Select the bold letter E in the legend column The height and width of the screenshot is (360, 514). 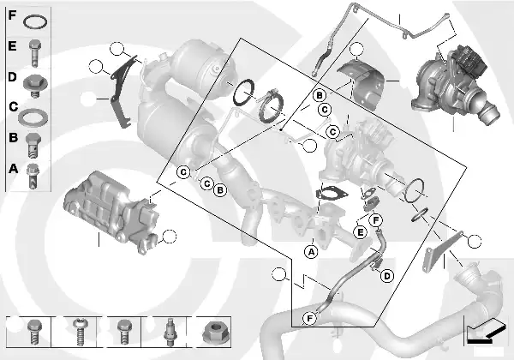point(12,45)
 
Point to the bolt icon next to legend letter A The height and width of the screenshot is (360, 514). point(33,176)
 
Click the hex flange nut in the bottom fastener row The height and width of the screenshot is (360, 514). point(212,333)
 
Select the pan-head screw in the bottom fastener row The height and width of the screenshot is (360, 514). point(79,332)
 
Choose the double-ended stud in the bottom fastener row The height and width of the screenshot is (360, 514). point(170,332)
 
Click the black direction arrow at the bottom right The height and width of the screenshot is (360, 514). point(485,333)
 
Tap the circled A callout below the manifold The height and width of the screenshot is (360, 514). point(311,252)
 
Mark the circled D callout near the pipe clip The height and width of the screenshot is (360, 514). point(387,276)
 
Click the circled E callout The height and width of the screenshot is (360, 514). point(361,232)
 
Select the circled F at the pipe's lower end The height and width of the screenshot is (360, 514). point(309,318)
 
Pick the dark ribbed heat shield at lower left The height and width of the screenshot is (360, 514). point(111,211)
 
